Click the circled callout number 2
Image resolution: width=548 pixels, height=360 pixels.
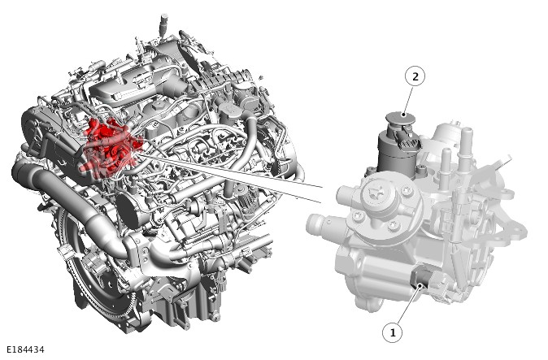415,77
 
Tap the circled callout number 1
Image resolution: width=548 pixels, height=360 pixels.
392,332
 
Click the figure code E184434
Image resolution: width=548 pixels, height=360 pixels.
25,349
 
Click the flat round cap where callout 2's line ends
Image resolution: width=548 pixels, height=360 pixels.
400,118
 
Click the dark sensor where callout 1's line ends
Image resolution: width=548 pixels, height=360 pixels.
422,279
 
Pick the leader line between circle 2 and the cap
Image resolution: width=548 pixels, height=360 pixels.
408,102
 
